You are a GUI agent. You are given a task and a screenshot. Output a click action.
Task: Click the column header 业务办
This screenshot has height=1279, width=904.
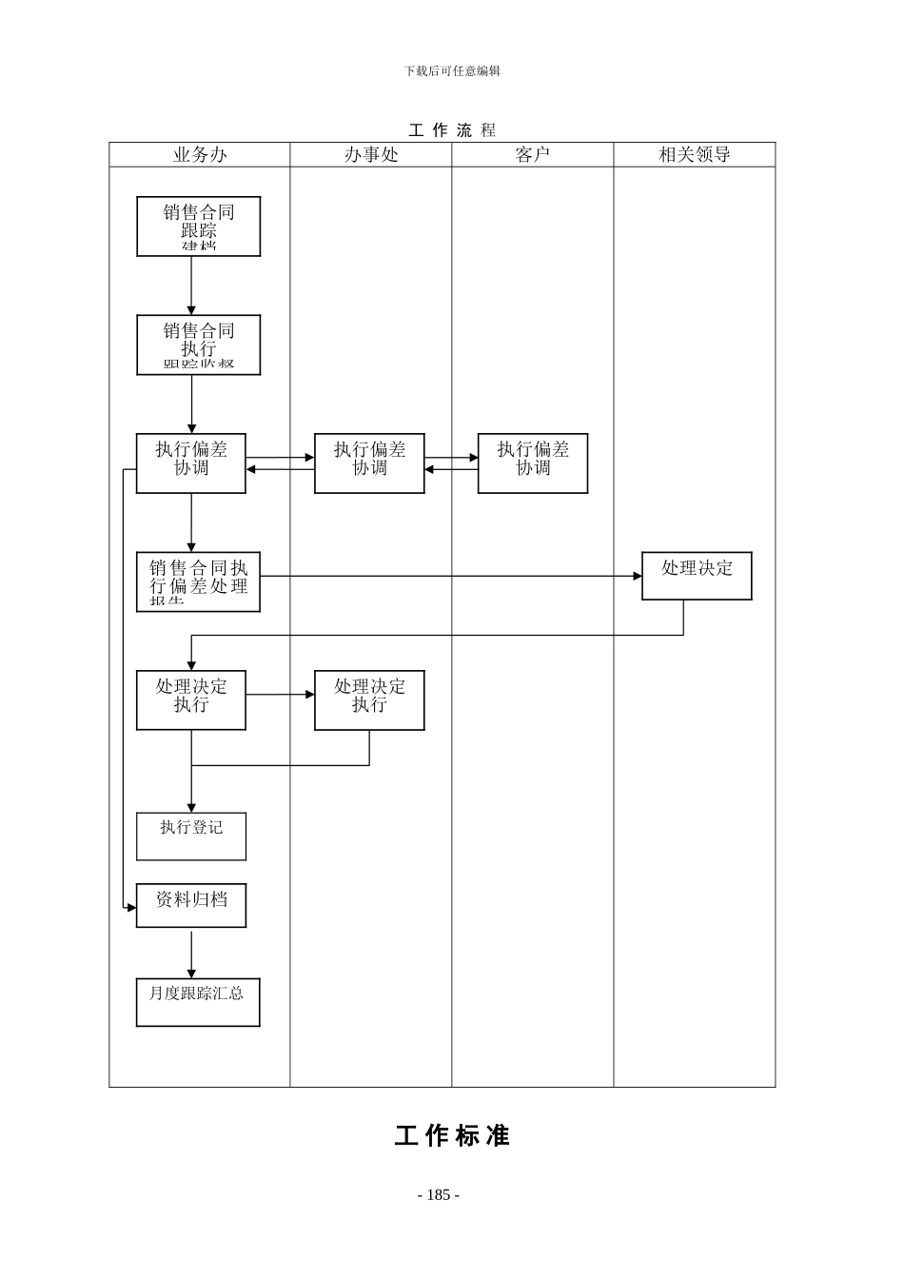(199, 154)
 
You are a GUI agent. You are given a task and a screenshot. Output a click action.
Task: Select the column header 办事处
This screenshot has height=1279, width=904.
(370, 154)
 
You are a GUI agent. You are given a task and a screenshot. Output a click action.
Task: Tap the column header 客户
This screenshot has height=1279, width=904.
(532, 154)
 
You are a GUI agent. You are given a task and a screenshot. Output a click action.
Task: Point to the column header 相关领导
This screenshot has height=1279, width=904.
(694, 154)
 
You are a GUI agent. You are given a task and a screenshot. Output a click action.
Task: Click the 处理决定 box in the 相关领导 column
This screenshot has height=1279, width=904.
(697, 576)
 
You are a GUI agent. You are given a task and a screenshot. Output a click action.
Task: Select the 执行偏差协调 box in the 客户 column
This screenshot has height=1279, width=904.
(533, 463)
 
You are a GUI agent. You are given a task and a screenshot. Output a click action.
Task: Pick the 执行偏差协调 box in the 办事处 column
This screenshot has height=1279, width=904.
(369, 463)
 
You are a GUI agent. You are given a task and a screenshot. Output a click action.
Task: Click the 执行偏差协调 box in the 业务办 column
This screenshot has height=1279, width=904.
(190, 463)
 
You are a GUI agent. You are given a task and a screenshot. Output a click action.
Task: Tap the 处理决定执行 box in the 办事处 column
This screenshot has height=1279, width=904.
(369, 700)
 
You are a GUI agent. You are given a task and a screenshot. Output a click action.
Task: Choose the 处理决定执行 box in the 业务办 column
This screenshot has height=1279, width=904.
(190, 700)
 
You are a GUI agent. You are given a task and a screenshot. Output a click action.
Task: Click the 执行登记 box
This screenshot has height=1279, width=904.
(191, 836)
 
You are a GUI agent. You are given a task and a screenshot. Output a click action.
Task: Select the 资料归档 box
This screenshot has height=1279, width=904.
(191, 905)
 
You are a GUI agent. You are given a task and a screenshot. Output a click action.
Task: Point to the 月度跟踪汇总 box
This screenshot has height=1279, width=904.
(198, 1002)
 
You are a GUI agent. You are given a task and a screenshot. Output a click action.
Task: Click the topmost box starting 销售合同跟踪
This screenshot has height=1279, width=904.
(198, 226)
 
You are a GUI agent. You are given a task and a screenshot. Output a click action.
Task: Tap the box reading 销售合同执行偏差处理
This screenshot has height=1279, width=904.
(198, 581)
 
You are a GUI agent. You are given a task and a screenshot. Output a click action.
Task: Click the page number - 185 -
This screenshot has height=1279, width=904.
(439, 1195)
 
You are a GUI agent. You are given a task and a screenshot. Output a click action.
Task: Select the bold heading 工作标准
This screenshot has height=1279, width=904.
(452, 1135)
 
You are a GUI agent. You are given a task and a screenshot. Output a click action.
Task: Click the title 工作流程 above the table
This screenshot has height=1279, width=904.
(452, 130)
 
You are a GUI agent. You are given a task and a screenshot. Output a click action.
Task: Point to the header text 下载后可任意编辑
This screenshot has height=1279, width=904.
(452, 70)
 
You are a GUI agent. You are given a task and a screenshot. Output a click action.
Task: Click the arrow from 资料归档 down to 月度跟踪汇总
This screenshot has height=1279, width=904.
(191, 953)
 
